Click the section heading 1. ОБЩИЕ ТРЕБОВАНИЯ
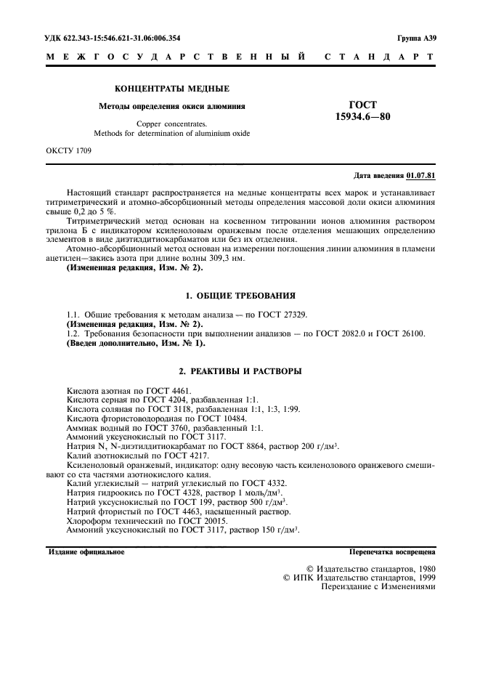coord(240,296)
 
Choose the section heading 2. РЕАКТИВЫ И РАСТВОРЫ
coord(240,371)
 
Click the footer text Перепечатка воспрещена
coord(392,552)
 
